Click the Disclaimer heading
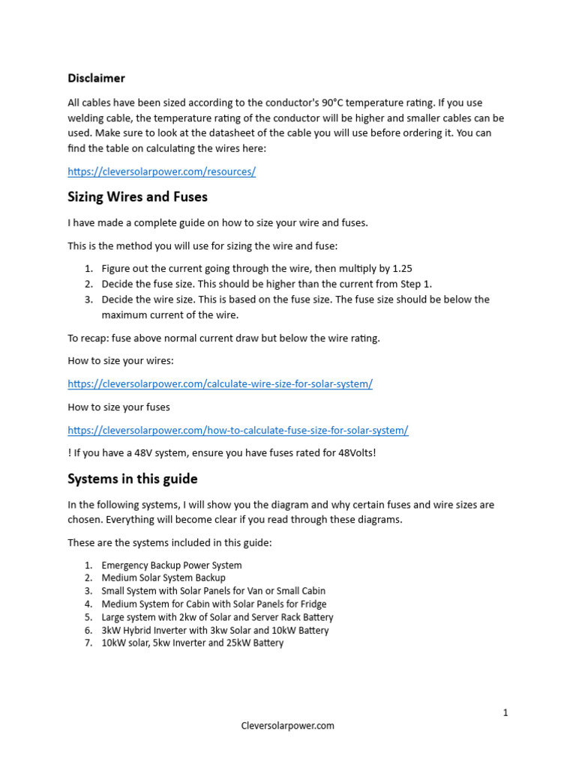[x=96, y=78]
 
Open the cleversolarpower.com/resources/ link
[x=161, y=172]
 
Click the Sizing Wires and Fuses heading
[x=137, y=197]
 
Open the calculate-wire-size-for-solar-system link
[x=220, y=384]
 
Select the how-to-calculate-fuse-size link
[x=238, y=431]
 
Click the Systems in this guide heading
[x=133, y=479]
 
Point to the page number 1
[x=505, y=712]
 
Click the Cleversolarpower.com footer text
[x=288, y=726]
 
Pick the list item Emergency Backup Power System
[x=172, y=566]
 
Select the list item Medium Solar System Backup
[x=163, y=578]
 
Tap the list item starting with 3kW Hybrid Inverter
[x=214, y=630]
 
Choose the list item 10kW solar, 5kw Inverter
[x=192, y=643]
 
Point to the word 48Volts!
[x=349, y=453]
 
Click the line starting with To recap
[x=223, y=338]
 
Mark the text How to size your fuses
[x=118, y=407]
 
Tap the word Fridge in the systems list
[x=312, y=604]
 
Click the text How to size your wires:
[x=120, y=361]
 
